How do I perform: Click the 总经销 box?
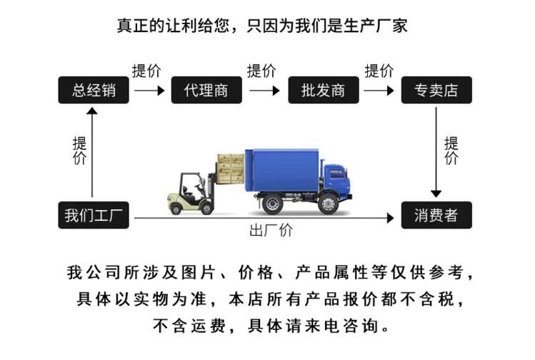pos(93,90)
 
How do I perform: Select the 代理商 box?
pos(206,90)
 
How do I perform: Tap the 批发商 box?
pos(323,90)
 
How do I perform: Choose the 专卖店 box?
pos(436,90)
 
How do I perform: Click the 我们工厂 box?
pos(93,215)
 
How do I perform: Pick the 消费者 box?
pos(436,215)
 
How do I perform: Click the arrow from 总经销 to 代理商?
pos(149,91)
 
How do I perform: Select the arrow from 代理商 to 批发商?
pos(264,91)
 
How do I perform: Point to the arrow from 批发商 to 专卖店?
pos(379,91)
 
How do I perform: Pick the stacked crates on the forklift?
pos(230,166)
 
